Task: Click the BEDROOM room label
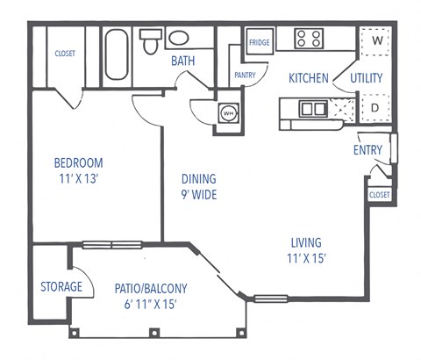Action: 78,162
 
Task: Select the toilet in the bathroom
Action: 150,41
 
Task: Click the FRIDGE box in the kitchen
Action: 259,42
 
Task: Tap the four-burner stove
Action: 308,38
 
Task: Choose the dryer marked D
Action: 375,108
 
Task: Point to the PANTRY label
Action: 245,76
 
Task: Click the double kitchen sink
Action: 310,109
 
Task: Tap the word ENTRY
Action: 367,150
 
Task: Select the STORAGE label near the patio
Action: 61,286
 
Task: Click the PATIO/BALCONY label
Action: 151,287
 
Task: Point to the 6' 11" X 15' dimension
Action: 151,305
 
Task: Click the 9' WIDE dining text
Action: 198,195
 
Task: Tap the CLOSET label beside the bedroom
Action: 65,54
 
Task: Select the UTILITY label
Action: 367,78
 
